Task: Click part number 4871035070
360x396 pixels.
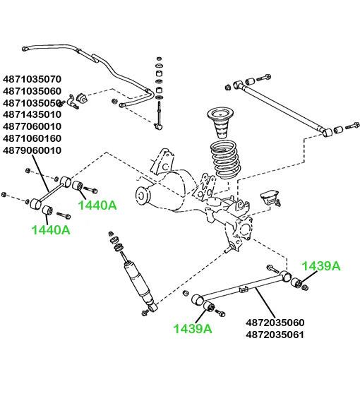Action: tap(32, 79)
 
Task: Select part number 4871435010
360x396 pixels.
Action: tap(32, 114)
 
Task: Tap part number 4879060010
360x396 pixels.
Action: tap(32, 150)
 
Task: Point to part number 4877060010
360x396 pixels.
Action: tap(32, 126)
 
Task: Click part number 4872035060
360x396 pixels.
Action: tap(275, 323)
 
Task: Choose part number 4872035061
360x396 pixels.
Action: tap(275, 335)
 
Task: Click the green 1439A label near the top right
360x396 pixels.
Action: tap(321, 266)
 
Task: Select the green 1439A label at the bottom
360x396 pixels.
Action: tap(193, 329)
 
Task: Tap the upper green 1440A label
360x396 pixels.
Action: tap(97, 205)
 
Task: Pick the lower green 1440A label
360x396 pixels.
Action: tap(51, 230)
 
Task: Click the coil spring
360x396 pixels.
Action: tap(226, 160)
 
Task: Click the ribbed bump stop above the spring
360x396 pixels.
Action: tap(220, 124)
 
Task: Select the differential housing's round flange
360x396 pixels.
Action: tap(143, 196)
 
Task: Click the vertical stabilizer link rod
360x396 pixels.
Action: tap(159, 114)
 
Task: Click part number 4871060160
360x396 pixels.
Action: tap(32, 138)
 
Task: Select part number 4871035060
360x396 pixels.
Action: tap(32, 91)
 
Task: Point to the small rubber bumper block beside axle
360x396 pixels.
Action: tap(270, 197)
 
